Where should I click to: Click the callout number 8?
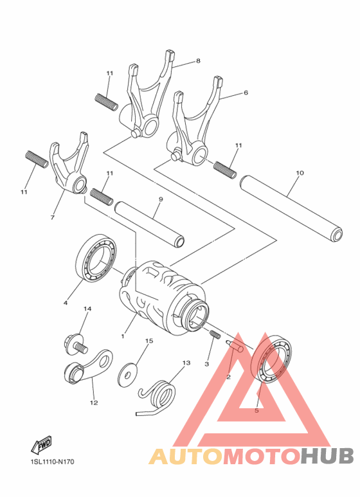(198, 61)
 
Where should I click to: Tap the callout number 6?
(246, 93)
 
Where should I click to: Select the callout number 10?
(300, 173)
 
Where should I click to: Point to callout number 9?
(160, 199)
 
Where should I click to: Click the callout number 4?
(66, 302)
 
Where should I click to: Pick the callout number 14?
(87, 309)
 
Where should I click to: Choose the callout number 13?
(186, 363)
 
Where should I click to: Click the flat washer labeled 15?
(130, 372)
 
